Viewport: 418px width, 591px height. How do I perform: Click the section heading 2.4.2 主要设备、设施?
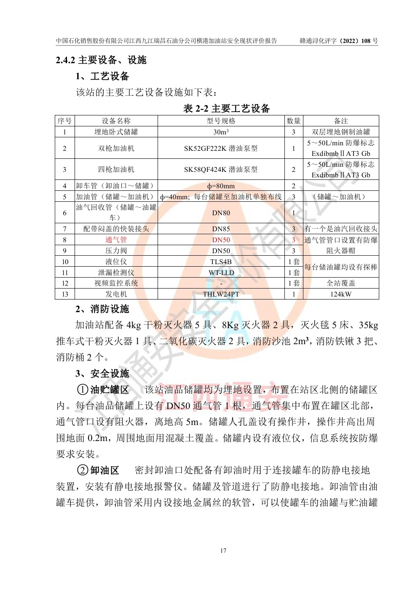(101, 60)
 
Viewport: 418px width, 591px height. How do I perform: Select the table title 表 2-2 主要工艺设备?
(226, 109)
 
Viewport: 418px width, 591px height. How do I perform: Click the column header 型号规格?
(221, 121)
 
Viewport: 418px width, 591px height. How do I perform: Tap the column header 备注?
(340, 121)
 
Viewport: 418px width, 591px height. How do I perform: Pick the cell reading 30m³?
(221, 132)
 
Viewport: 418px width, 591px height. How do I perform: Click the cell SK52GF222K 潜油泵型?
(221, 148)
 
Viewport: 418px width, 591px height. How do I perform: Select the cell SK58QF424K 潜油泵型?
(221, 169)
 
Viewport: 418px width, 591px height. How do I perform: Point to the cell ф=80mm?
(221, 186)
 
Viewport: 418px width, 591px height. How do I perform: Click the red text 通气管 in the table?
(116, 240)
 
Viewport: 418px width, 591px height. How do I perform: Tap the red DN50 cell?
(221, 240)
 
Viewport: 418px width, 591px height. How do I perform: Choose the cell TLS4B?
(221, 262)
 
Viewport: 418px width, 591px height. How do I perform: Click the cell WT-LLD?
(221, 273)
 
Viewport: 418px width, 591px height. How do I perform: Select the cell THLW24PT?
(221, 294)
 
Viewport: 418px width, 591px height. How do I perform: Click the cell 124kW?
(340, 294)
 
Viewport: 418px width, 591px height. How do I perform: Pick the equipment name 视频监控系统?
(116, 283)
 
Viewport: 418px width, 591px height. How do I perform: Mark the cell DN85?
(221, 229)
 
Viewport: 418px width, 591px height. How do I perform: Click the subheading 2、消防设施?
(102, 309)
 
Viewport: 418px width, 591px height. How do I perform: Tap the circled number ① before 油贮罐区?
(82, 390)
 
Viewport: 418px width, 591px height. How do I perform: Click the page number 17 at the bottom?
(223, 551)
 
